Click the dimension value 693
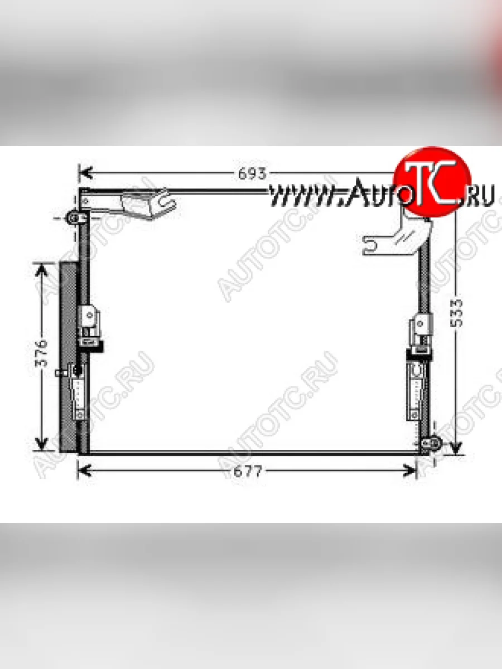[x=252, y=174]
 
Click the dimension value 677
[x=248, y=472]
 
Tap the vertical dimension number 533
[x=456, y=313]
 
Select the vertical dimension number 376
[x=41, y=353]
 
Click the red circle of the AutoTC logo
[x=432, y=182]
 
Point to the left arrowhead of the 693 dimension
[x=85, y=173]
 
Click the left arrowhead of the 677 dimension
[x=85, y=471]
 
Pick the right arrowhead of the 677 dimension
[x=409, y=471]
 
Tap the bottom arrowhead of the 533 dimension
[x=456, y=448]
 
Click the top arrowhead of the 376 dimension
[x=41, y=270]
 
